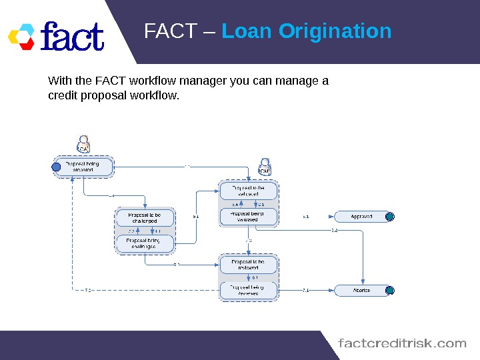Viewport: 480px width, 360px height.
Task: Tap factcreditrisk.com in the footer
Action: [x=403, y=343]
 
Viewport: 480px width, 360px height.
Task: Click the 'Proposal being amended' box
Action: [x=84, y=167]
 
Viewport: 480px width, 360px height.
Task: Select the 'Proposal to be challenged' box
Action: [x=145, y=218]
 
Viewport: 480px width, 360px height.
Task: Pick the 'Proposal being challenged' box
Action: [x=145, y=243]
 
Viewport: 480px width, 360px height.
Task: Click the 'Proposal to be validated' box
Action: [x=248, y=191]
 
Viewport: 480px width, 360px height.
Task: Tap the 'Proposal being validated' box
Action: [x=248, y=217]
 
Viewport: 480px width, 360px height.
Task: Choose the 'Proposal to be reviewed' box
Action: [x=248, y=265]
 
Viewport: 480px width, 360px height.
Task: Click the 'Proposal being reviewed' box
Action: [x=248, y=291]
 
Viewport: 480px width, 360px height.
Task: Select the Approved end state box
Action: [x=361, y=217]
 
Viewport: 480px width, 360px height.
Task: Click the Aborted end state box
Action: [x=361, y=291]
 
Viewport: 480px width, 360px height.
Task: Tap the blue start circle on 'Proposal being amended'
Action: [x=57, y=167]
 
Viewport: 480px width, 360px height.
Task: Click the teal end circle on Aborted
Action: [x=390, y=291]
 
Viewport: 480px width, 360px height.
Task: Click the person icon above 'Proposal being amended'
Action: [x=84, y=145]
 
